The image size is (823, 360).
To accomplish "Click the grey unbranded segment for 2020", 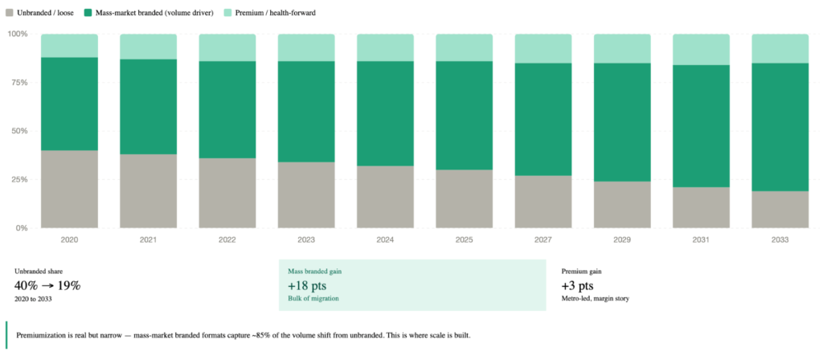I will click(x=69, y=189).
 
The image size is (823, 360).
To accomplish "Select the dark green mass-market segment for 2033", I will click(x=780, y=127).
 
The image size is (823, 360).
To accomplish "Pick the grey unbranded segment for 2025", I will click(x=464, y=198).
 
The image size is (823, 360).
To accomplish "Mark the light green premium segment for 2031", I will click(x=701, y=49).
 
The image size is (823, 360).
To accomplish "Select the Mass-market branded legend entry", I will click(x=140, y=13).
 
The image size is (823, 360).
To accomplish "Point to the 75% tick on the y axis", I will click(x=17, y=83).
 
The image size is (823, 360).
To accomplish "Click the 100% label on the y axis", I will click(x=17, y=34).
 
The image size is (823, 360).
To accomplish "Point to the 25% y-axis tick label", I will click(x=17, y=179).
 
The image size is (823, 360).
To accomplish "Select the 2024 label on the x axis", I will click(x=385, y=239).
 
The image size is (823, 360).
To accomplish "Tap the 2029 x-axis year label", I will click(x=622, y=239).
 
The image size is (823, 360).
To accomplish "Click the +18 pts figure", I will click(x=307, y=285).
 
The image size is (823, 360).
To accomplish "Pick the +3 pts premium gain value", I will click(x=577, y=285).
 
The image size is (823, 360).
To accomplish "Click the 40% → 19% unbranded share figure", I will click(x=47, y=285).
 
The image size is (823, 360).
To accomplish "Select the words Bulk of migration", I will click(x=313, y=299).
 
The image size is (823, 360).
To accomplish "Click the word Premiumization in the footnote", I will click(x=46, y=334).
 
